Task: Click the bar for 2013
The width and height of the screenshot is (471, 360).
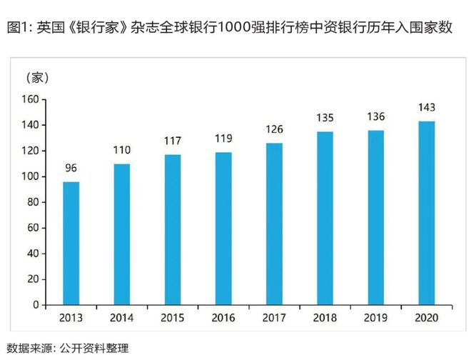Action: (71, 243)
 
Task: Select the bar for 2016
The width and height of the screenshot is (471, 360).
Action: (223, 229)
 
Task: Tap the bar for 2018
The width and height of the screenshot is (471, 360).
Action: (325, 218)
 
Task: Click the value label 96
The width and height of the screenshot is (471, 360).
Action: (71, 169)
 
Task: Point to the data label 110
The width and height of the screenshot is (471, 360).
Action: (121, 151)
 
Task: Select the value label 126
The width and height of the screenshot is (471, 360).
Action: (274, 130)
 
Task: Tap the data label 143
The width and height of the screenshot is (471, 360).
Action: (426, 108)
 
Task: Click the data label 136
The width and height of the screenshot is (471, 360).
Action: (375, 117)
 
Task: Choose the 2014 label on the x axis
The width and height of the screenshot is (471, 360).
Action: (121, 316)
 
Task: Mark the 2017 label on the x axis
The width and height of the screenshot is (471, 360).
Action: (274, 316)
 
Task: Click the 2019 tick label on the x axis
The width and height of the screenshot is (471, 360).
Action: (375, 316)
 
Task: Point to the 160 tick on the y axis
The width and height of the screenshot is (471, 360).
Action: (29, 99)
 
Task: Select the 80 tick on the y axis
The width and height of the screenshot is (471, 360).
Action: (31, 202)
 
